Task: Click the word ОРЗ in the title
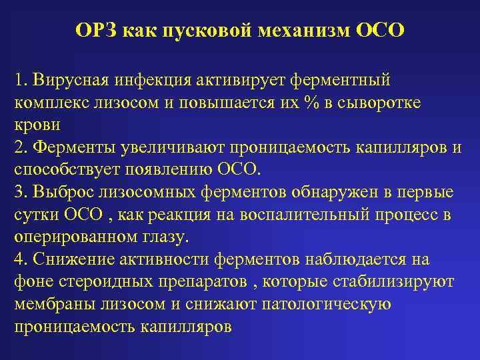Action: tap(96, 31)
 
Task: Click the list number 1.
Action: tap(18, 80)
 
